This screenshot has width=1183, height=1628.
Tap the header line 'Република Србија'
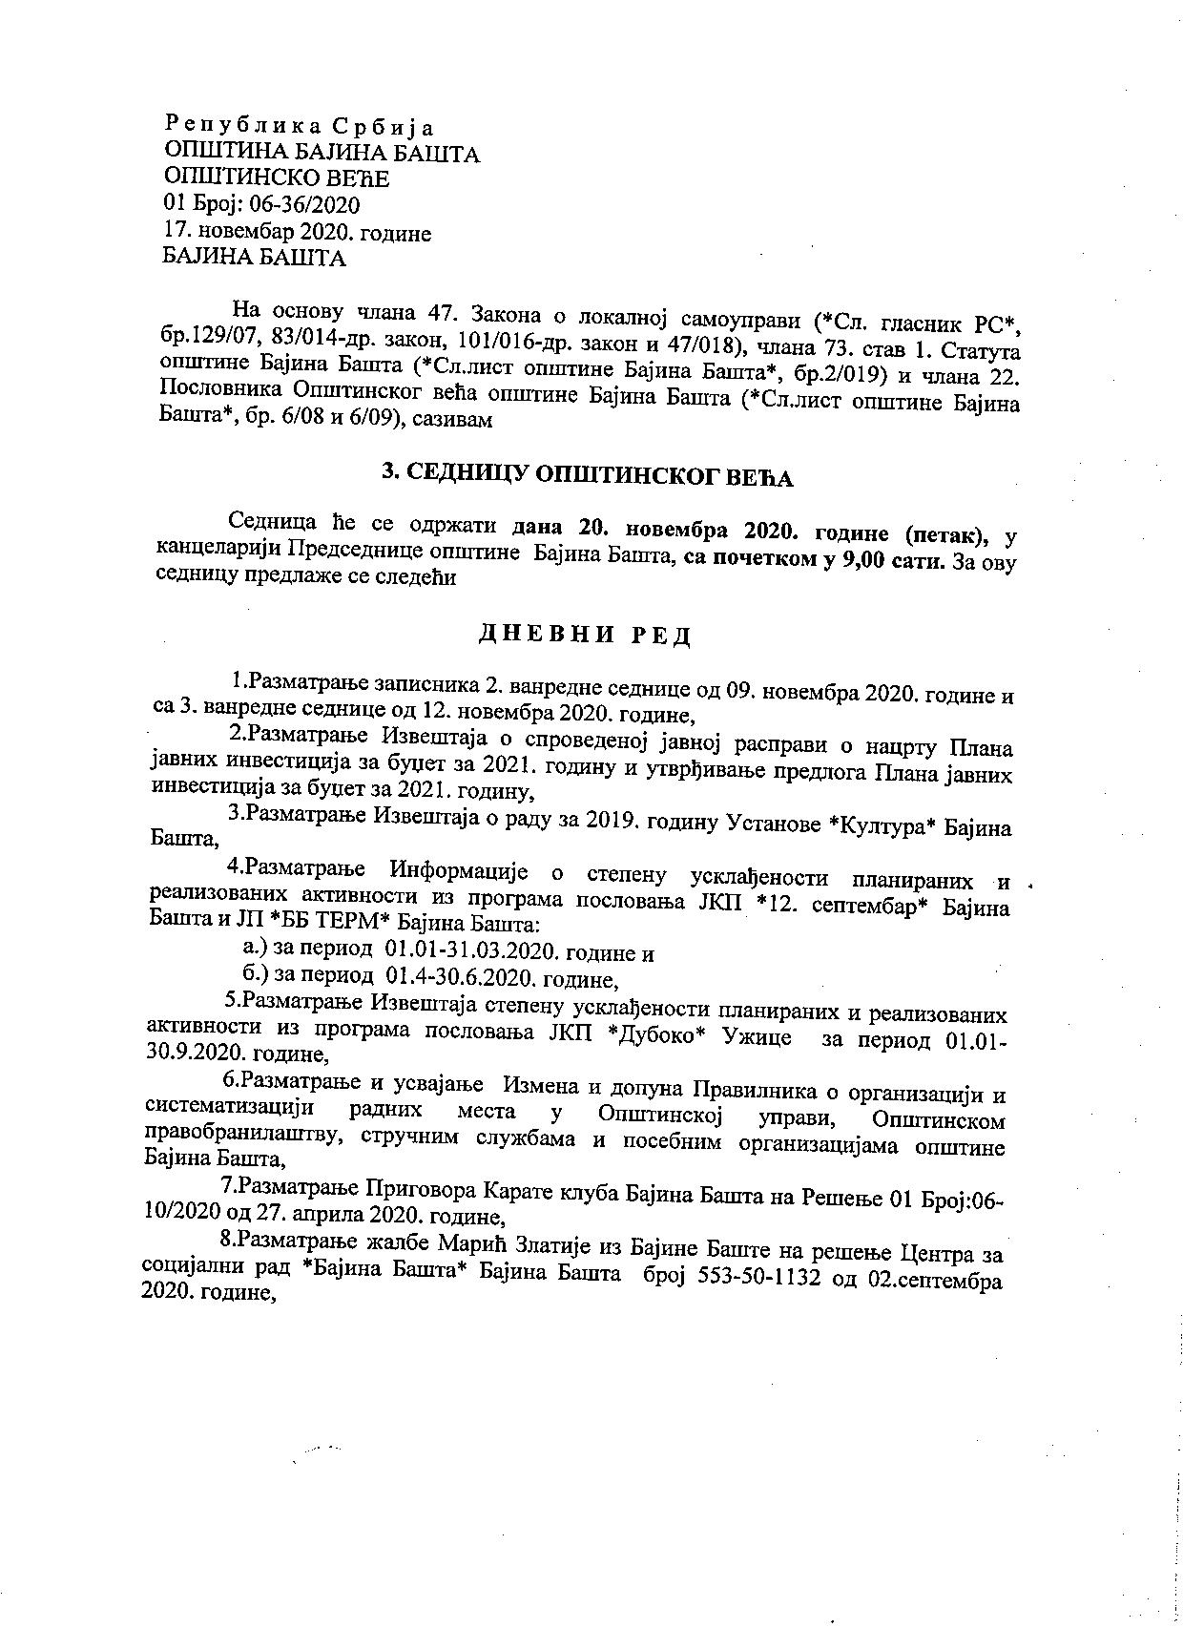click(x=300, y=125)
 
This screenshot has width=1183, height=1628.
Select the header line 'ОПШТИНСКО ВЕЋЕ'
click(x=277, y=178)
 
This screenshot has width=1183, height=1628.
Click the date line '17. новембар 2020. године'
click(x=298, y=232)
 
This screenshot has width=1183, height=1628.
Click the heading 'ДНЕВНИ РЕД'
click(x=584, y=635)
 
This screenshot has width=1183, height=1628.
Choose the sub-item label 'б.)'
click(x=258, y=977)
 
